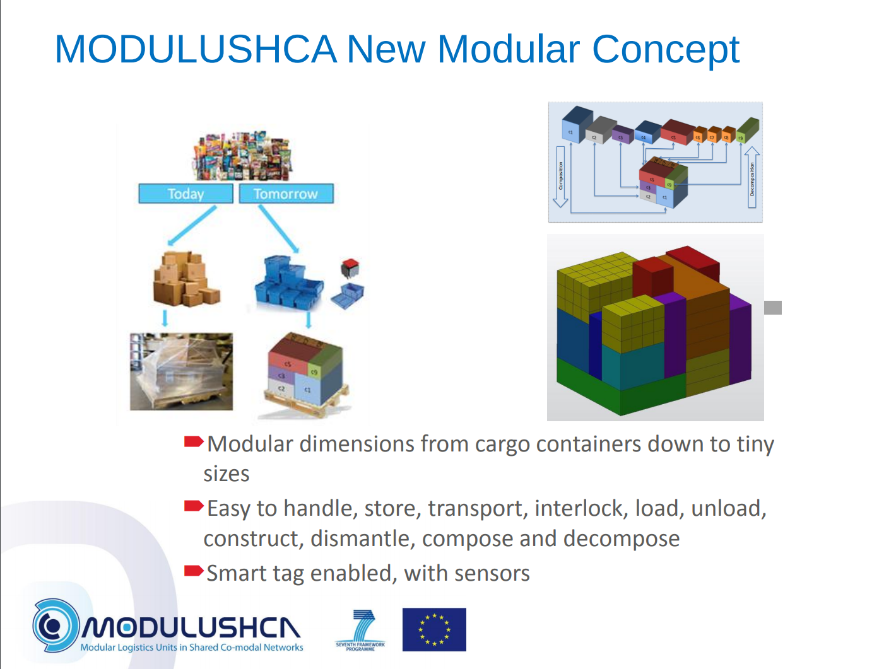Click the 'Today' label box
coord(186,194)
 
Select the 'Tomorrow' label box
coord(286,194)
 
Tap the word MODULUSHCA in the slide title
coord(196,49)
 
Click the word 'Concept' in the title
coord(665,49)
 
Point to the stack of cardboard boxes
coord(186,279)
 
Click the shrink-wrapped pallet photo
coord(181,371)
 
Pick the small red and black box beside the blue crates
coord(349,269)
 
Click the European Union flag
coord(434,629)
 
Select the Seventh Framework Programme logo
coord(360,630)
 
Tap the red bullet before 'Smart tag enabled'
coord(193,571)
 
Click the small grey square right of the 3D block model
coord(773,308)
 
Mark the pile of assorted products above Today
coord(244,156)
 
